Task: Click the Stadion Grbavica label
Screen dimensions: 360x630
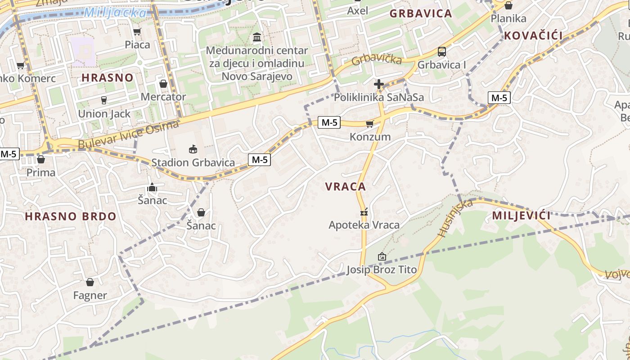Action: tap(193, 162)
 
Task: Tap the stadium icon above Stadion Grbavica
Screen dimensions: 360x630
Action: tap(193, 149)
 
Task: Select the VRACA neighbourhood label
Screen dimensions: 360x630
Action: tap(346, 187)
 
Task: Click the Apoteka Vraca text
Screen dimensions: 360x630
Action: tap(364, 225)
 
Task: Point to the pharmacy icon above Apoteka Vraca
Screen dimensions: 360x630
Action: tap(364, 211)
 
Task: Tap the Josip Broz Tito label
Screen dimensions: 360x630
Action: tap(382, 270)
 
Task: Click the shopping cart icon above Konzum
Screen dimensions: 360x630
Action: tap(370, 124)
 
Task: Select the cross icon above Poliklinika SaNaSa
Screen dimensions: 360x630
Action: tap(379, 84)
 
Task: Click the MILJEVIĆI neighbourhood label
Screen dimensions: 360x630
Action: tap(522, 216)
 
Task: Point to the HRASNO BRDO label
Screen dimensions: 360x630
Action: tap(71, 216)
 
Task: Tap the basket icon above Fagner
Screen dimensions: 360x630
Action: tap(90, 282)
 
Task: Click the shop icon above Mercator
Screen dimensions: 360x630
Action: tap(163, 84)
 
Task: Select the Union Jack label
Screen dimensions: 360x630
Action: tap(104, 114)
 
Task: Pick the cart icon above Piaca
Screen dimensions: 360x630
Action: tap(137, 31)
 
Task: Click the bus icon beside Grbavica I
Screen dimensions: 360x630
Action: tap(442, 52)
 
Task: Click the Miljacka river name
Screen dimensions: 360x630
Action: tap(116, 13)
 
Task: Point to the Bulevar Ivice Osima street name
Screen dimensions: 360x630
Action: tap(129, 136)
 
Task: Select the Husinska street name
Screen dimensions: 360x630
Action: tap(455, 218)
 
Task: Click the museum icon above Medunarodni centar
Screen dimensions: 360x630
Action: tap(257, 37)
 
